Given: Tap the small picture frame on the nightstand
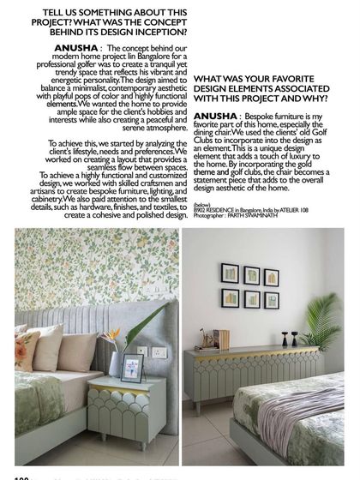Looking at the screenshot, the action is coord(132,367).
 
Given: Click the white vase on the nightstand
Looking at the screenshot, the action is coord(115,363).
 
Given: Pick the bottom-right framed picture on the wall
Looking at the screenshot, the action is coord(271,301).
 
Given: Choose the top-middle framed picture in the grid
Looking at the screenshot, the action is coord(250,275).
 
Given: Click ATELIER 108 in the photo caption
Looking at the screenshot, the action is coord(296,209).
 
